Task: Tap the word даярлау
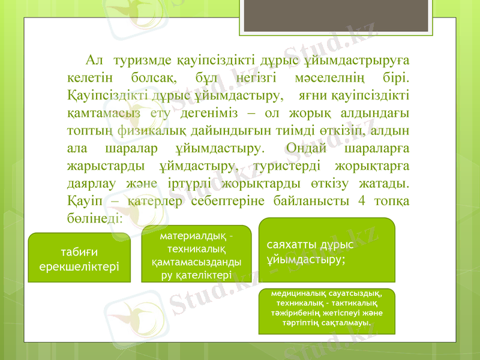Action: click(88, 182)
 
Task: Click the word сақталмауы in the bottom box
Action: click(345, 323)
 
